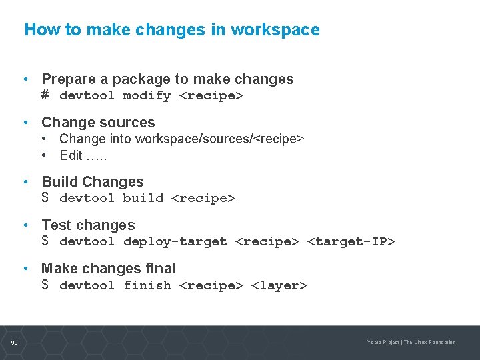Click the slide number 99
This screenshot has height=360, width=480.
[14, 343]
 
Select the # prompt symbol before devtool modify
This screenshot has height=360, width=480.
[45, 95]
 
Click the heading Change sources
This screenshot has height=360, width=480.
[98, 123]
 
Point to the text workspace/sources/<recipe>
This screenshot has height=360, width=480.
[219, 139]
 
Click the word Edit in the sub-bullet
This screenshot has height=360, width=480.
[71, 155]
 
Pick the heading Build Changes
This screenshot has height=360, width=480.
[93, 182]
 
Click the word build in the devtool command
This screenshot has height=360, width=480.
[143, 198]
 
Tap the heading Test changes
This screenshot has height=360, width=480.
[88, 225]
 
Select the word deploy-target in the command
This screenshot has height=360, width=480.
[175, 241]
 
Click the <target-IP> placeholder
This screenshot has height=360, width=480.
[351, 241]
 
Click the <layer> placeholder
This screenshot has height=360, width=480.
[279, 285]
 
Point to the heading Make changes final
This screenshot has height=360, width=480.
[108, 269]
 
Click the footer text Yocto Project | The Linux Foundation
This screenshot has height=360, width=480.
[411, 343]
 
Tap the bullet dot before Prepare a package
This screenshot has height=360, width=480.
[25, 79]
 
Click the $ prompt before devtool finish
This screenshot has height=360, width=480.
[45, 285]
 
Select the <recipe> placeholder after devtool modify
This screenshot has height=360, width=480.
[211, 95]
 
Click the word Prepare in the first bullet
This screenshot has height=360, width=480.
[65, 79]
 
